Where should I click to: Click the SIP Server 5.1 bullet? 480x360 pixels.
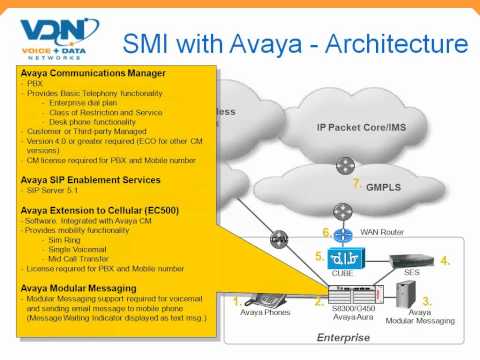click(59, 192)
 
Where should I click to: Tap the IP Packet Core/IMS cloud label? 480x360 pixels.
click(366, 127)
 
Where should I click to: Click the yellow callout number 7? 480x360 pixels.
click(357, 184)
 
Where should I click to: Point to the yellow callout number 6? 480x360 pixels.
click(326, 232)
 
